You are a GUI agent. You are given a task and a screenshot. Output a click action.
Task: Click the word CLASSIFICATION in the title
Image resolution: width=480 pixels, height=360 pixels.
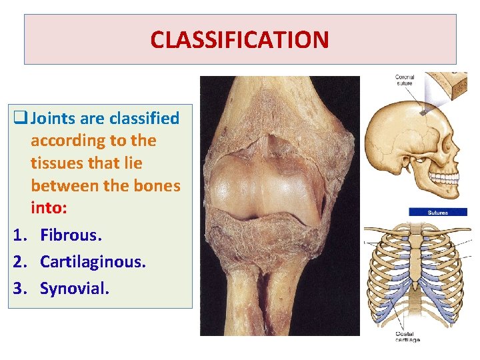coord(239,40)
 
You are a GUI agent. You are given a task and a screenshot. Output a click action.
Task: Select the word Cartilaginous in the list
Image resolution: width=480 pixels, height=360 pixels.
coord(92,261)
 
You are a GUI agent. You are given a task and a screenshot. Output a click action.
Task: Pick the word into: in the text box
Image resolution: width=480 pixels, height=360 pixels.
coord(48,208)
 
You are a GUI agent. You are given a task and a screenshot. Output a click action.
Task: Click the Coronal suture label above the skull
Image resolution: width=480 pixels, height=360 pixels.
coord(405,81)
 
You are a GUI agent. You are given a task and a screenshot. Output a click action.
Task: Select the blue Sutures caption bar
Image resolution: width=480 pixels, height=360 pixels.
coord(437,213)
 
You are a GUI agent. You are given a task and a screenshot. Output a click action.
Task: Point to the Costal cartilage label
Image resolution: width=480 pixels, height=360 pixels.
coord(406,337)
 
